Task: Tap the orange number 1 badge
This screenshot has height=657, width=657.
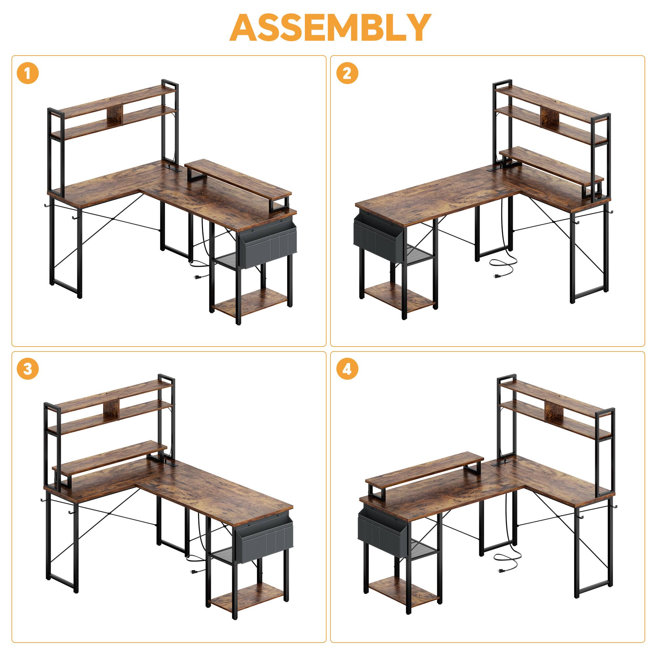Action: point(28,74)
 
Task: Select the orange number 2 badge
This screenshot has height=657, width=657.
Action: point(347,74)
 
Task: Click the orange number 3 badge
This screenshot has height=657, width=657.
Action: point(28,369)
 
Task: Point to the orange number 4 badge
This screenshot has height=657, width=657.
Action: point(347,369)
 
